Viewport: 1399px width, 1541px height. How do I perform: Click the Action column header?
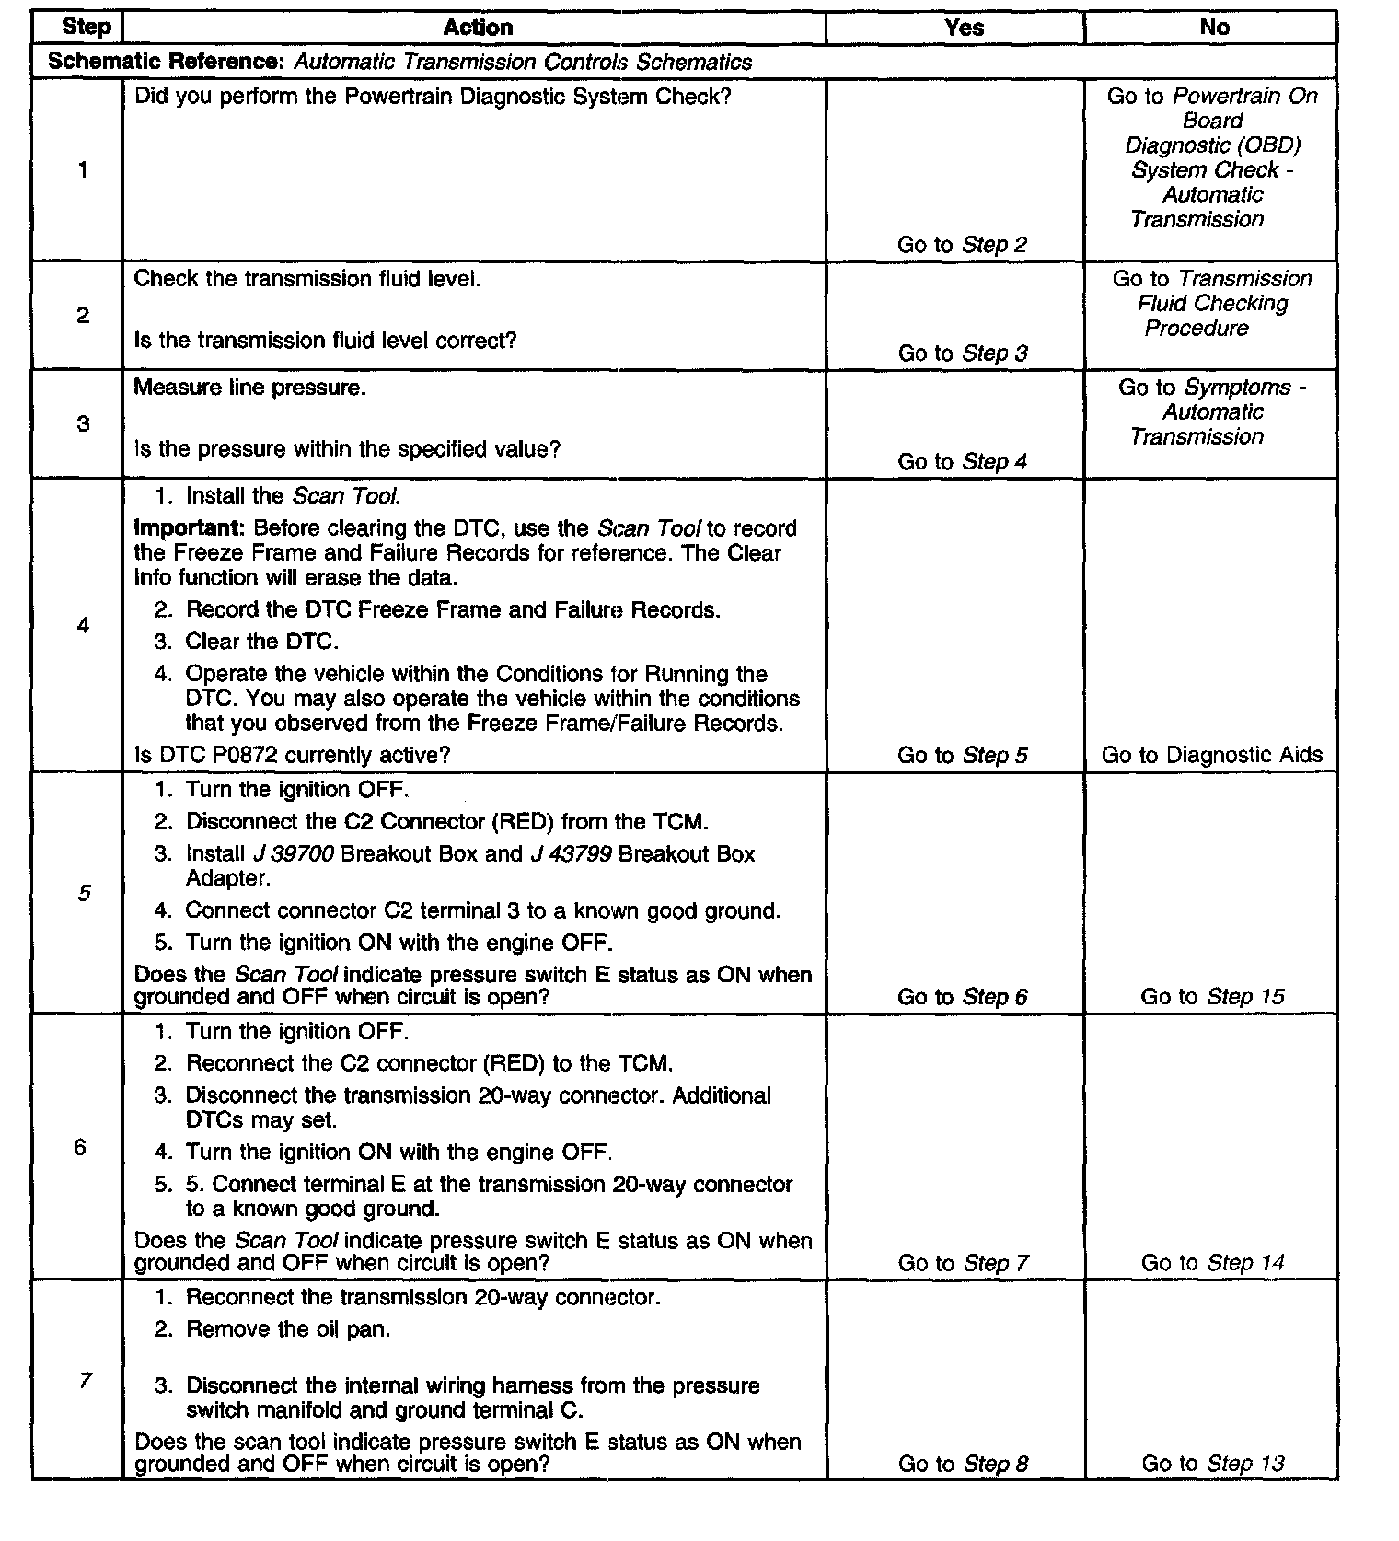(x=477, y=28)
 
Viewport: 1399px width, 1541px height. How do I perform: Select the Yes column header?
(x=964, y=28)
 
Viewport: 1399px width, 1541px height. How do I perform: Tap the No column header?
(x=1214, y=28)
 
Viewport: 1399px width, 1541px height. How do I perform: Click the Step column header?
(x=86, y=28)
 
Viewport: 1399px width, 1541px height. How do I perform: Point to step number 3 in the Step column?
(x=83, y=424)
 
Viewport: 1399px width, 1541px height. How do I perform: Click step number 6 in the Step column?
(x=80, y=1147)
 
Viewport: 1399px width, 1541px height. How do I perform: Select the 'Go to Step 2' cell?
(x=962, y=245)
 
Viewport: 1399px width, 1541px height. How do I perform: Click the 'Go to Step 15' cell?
(x=1212, y=996)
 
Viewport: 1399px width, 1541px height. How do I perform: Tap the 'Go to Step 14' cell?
(x=1212, y=1262)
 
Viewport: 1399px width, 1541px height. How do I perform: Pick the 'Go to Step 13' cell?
(x=1212, y=1464)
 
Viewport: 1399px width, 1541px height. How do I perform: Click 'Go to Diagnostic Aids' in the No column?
(x=1211, y=755)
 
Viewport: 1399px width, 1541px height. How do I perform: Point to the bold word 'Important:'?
(x=189, y=528)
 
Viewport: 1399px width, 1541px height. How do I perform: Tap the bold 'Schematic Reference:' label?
(x=168, y=62)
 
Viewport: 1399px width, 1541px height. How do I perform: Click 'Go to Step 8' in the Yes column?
(x=962, y=1464)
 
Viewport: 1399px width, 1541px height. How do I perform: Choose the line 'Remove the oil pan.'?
(x=288, y=1329)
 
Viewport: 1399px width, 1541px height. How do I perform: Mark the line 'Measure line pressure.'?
(x=250, y=388)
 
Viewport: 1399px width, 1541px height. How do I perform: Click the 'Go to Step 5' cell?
(x=962, y=755)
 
